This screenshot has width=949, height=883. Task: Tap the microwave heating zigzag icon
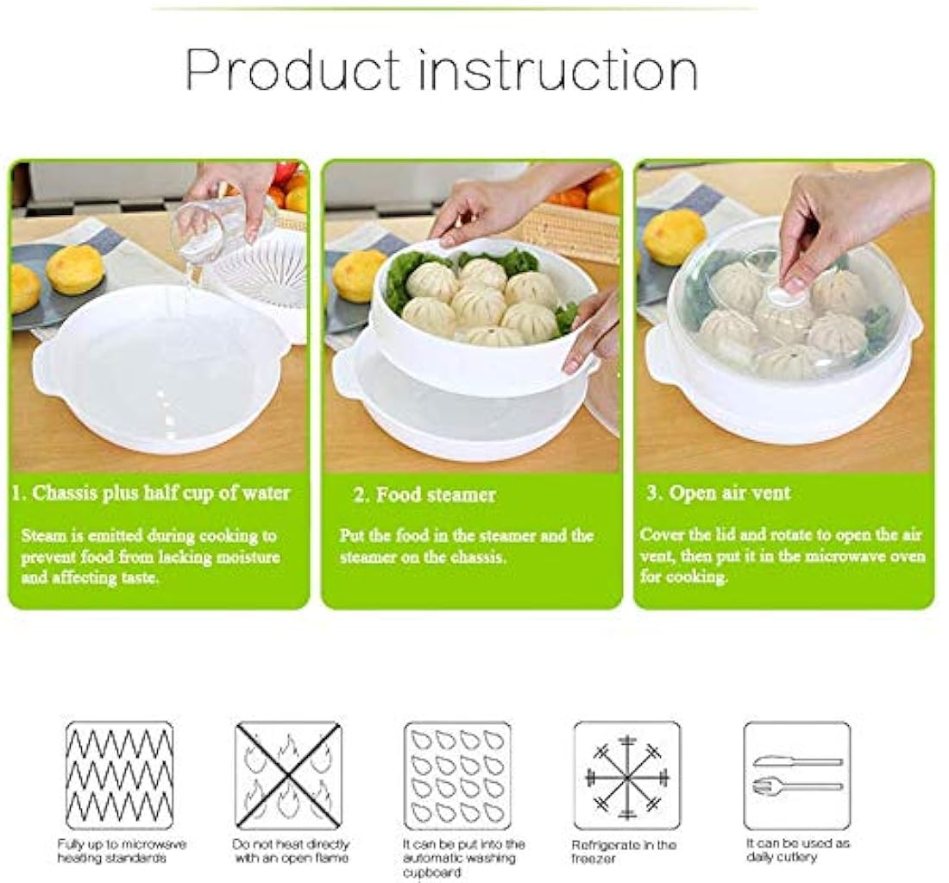[x=119, y=775]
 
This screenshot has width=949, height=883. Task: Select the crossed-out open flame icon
[x=288, y=775]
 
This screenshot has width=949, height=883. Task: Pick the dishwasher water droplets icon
[x=457, y=775]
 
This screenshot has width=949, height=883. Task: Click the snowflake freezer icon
[x=626, y=775]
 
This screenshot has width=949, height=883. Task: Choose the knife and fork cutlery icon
[x=796, y=775]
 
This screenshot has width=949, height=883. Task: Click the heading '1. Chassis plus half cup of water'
[x=152, y=494]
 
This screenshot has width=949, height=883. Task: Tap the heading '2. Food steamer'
[x=424, y=495]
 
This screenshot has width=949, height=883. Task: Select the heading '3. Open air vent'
[x=718, y=494]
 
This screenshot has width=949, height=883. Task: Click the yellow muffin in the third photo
[x=674, y=237]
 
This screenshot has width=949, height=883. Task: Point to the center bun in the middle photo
[x=480, y=304]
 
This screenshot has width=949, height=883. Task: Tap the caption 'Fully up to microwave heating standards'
[x=121, y=851]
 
